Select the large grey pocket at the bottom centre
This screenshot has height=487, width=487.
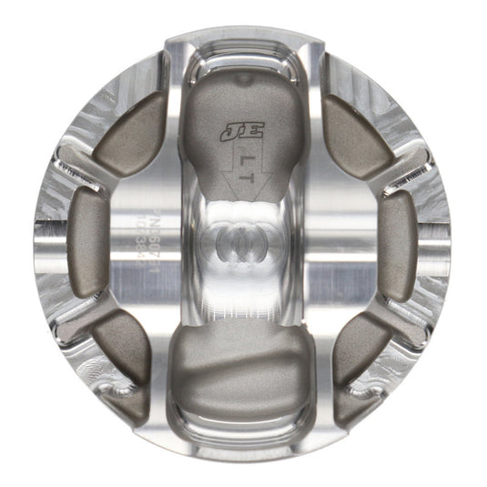coord(242,364)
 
